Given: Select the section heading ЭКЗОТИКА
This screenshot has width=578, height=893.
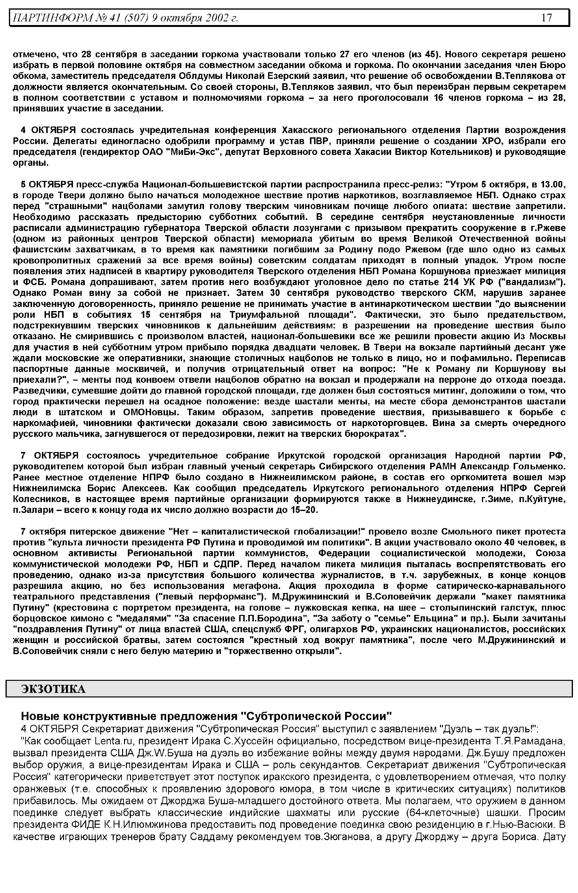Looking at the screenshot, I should coord(53,688).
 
